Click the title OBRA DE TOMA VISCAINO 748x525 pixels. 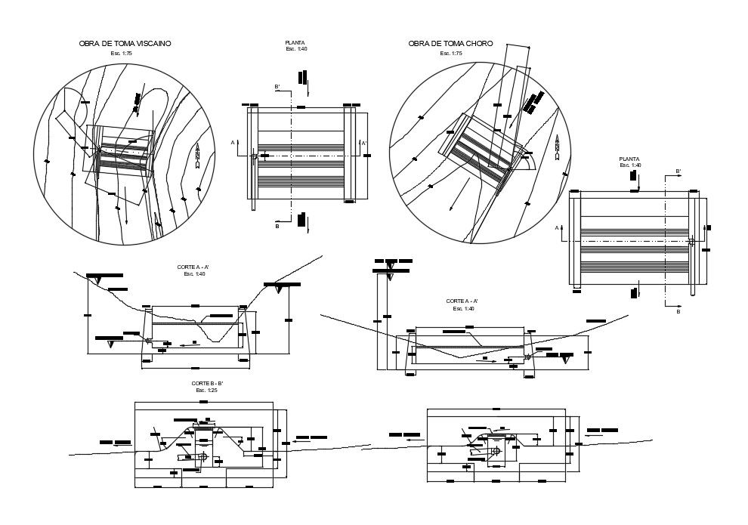point(125,44)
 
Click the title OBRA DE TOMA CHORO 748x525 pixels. point(450,44)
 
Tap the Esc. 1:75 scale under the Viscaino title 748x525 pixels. point(121,54)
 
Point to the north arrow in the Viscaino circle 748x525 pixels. point(197,155)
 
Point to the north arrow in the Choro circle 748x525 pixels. point(557,147)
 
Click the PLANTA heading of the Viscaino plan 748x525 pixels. point(295,43)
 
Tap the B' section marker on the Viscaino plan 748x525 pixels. point(277,88)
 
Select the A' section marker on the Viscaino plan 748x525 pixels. point(364,143)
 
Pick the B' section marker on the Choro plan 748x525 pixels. point(678,172)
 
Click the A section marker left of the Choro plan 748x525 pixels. point(557,227)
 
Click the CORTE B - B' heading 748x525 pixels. point(207,384)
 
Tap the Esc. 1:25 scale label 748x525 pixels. point(206,391)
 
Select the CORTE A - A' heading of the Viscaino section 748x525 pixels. point(194,267)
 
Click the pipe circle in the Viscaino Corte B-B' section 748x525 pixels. point(203,457)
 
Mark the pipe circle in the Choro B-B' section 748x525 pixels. point(496,451)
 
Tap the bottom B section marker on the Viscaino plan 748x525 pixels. point(277,226)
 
